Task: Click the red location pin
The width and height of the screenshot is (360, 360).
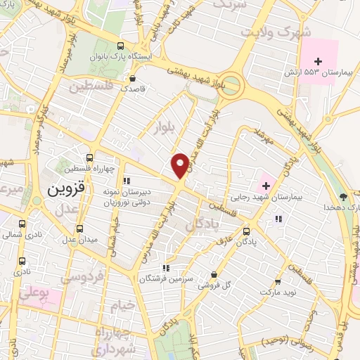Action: pyautogui.click(x=180, y=165)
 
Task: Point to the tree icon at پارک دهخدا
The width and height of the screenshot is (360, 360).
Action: pyautogui.click(x=342, y=197)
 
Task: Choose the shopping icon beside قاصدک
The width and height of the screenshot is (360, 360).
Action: pyautogui.click(x=132, y=79)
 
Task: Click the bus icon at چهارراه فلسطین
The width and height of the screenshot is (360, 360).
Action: pyautogui.click(x=89, y=157)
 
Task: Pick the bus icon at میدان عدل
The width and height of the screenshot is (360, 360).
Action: pyautogui.click(x=79, y=229)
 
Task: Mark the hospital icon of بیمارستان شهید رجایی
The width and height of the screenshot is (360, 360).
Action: pyautogui.click(x=266, y=186)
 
